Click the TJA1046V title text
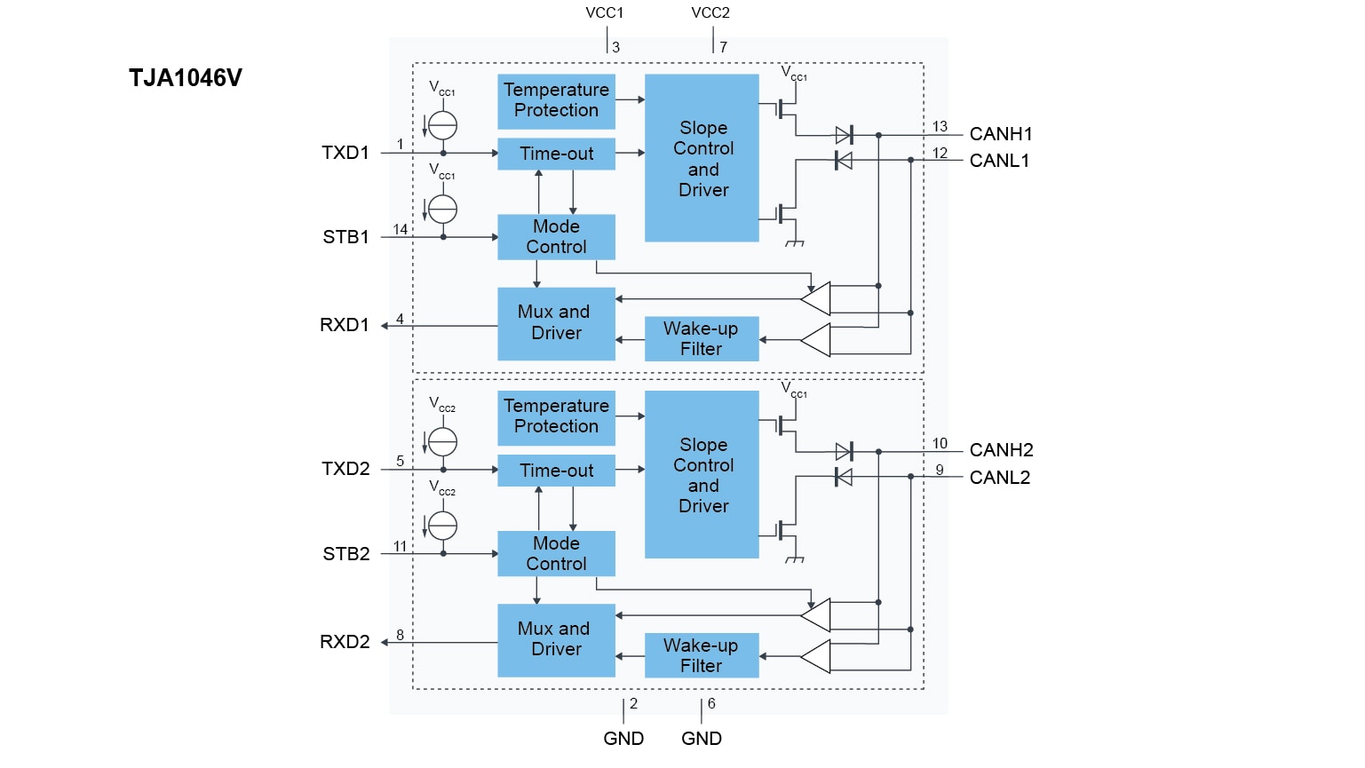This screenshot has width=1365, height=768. click(x=185, y=78)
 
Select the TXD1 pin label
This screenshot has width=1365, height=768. click(x=345, y=153)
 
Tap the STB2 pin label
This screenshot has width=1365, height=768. click(x=346, y=554)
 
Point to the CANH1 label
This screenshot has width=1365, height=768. click(x=1001, y=134)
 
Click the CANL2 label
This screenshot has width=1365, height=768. click(x=1000, y=478)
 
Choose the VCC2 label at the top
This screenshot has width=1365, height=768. click(x=710, y=13)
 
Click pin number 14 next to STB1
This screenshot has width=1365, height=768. click(x=401, y=230)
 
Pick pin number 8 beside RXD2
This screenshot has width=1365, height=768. click(x=401, y=635)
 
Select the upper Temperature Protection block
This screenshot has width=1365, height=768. click(x=556, y=100)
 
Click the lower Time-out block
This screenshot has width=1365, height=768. click(x=556, y=471)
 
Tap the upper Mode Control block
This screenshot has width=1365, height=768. click(x=556, y=237)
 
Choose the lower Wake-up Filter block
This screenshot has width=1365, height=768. click(x=701, y=655)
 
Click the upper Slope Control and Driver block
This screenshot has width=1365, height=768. click(x=702, y=158)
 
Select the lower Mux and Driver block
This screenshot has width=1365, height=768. click(x=556, y=639)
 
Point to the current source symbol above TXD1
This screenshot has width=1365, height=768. click(x=442, y=125)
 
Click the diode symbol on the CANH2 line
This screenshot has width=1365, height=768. click(x=844, y=451)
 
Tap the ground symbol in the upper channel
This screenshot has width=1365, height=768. click(x=795, y=242)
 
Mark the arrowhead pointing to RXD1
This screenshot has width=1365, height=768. click(x=385, y=326)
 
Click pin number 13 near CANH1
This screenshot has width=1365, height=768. click(x=940, y=127)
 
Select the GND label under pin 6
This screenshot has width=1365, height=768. click(x=702, y=739)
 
